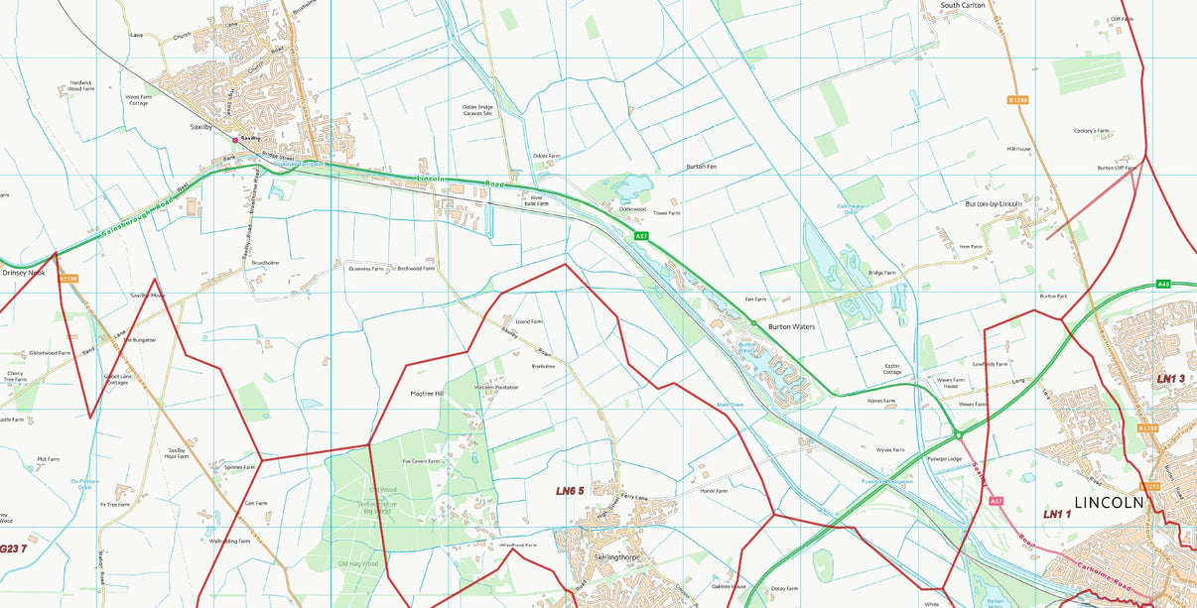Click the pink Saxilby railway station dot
coord(235,140)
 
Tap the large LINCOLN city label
coord(1109,502)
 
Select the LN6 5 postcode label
coord(570,491)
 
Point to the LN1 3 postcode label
coord(1170,379)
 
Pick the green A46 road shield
coord(1164,285)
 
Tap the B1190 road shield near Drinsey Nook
coord(67,279)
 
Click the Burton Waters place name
coord(791,326)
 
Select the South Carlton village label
coord(963,6)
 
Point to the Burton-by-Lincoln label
coord(994,203)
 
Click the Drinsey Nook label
coord(24,272)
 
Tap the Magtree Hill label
coord(427,394)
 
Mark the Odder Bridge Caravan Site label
coord(477,110)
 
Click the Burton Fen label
coord(701,167)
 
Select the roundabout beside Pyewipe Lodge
coord(959,433)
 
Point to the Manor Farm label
coord(714,491)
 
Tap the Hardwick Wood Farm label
coord(81,86)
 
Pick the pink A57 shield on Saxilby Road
coord(996,501)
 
